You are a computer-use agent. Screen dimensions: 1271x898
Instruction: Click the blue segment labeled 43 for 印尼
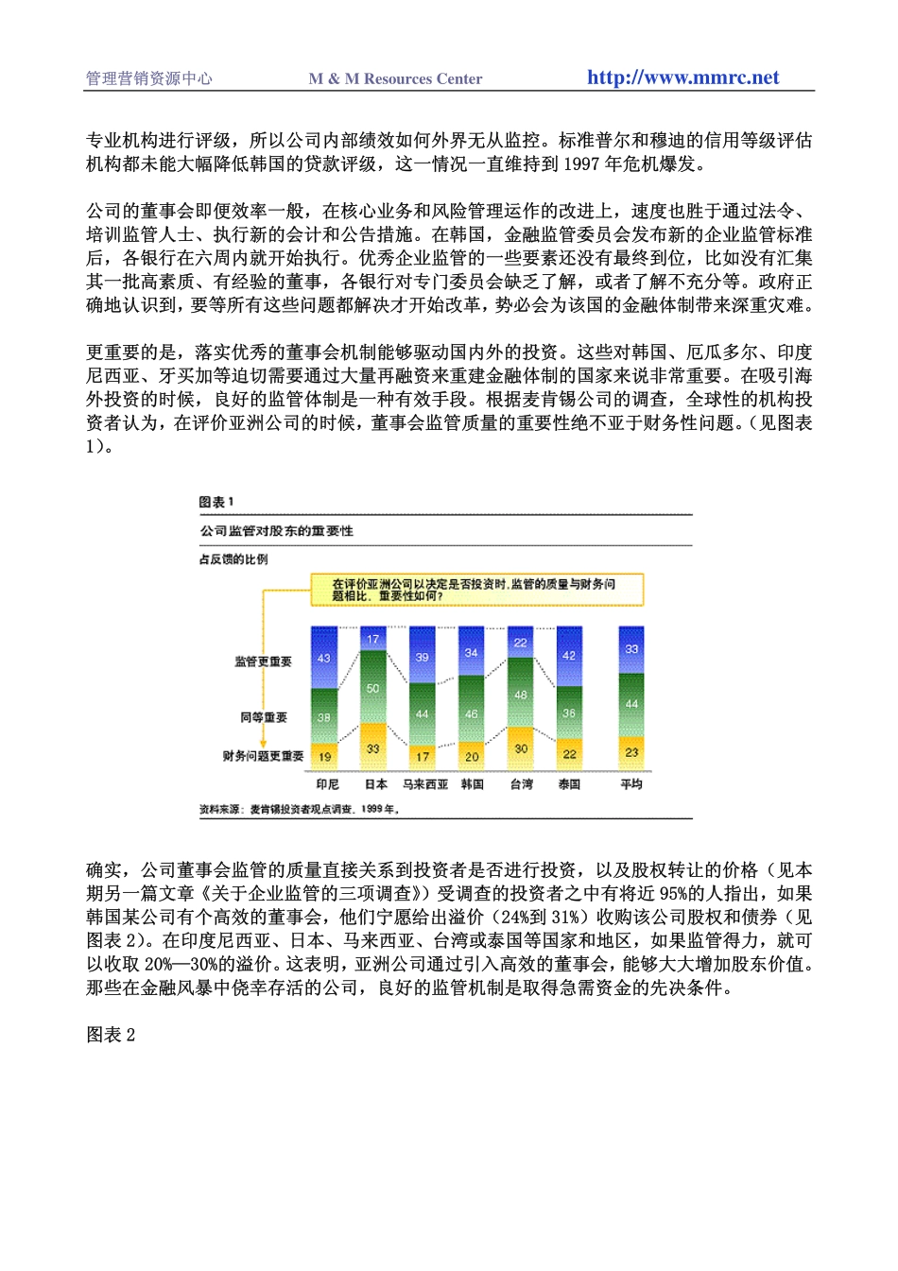[324, 658]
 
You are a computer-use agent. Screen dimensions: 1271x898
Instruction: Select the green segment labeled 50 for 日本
[373, 688]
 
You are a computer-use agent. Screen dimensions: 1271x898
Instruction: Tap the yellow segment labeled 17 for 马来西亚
[423, 756]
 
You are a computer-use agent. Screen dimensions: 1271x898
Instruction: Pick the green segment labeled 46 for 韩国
[472, 713]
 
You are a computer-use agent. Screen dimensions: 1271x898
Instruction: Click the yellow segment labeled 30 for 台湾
[521, 747]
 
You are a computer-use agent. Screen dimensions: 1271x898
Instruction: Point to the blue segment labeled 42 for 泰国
[569, 656]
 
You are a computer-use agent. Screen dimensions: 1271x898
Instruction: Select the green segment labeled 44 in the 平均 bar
[631, 704]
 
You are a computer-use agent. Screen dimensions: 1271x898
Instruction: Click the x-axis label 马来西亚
[425, 784]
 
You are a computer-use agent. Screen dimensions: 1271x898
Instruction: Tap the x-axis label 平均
[631, 784]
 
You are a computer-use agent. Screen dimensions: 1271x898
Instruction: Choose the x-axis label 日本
[376, 784]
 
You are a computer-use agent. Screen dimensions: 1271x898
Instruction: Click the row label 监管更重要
[263, 661]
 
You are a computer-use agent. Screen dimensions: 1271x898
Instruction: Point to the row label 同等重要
[264, 717]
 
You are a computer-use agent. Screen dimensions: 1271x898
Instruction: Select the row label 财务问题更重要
[263, 756]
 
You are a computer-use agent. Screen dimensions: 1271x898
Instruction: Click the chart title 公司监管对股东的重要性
[276, 531]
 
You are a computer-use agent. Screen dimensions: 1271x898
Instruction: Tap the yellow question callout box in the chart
[476, 590]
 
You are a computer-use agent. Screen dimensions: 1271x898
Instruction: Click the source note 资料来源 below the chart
[299, 809]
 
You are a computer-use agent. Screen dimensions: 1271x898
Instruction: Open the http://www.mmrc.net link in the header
[682, 77]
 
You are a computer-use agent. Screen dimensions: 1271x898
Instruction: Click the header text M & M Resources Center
[395, 79]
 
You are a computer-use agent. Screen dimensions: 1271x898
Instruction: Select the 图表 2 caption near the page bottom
[111, 1035]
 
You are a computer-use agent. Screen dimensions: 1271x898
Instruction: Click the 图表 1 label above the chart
[216, 502]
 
